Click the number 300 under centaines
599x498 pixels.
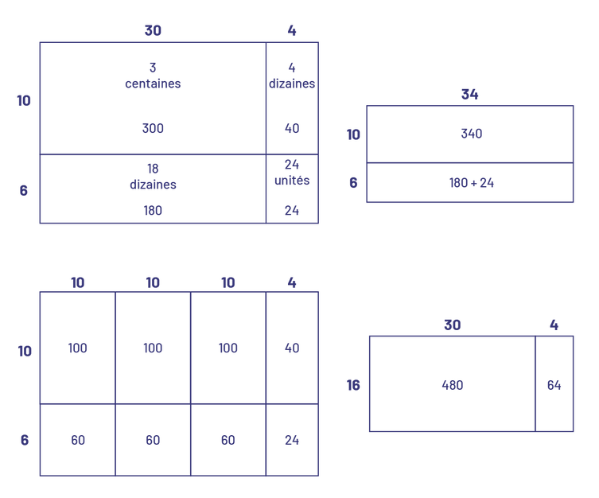153,129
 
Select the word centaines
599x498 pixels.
153,84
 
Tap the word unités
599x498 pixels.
292,181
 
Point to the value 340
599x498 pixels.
471,134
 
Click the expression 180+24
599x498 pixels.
471,183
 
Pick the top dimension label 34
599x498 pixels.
470,95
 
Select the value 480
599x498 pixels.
452,385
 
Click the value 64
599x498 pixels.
554,385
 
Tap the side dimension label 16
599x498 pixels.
354,386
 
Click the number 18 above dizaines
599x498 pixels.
153,169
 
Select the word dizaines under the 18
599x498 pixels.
153,185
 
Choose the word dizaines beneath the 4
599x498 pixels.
292,84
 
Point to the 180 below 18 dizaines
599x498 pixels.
153,211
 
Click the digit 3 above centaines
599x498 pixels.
153,68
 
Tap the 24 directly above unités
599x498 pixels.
292,165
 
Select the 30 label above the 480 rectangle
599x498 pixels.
452,325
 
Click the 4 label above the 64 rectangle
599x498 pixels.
554,325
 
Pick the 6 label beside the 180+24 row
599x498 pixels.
353,183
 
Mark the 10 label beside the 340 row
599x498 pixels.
353,134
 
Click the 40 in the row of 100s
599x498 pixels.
292,348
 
